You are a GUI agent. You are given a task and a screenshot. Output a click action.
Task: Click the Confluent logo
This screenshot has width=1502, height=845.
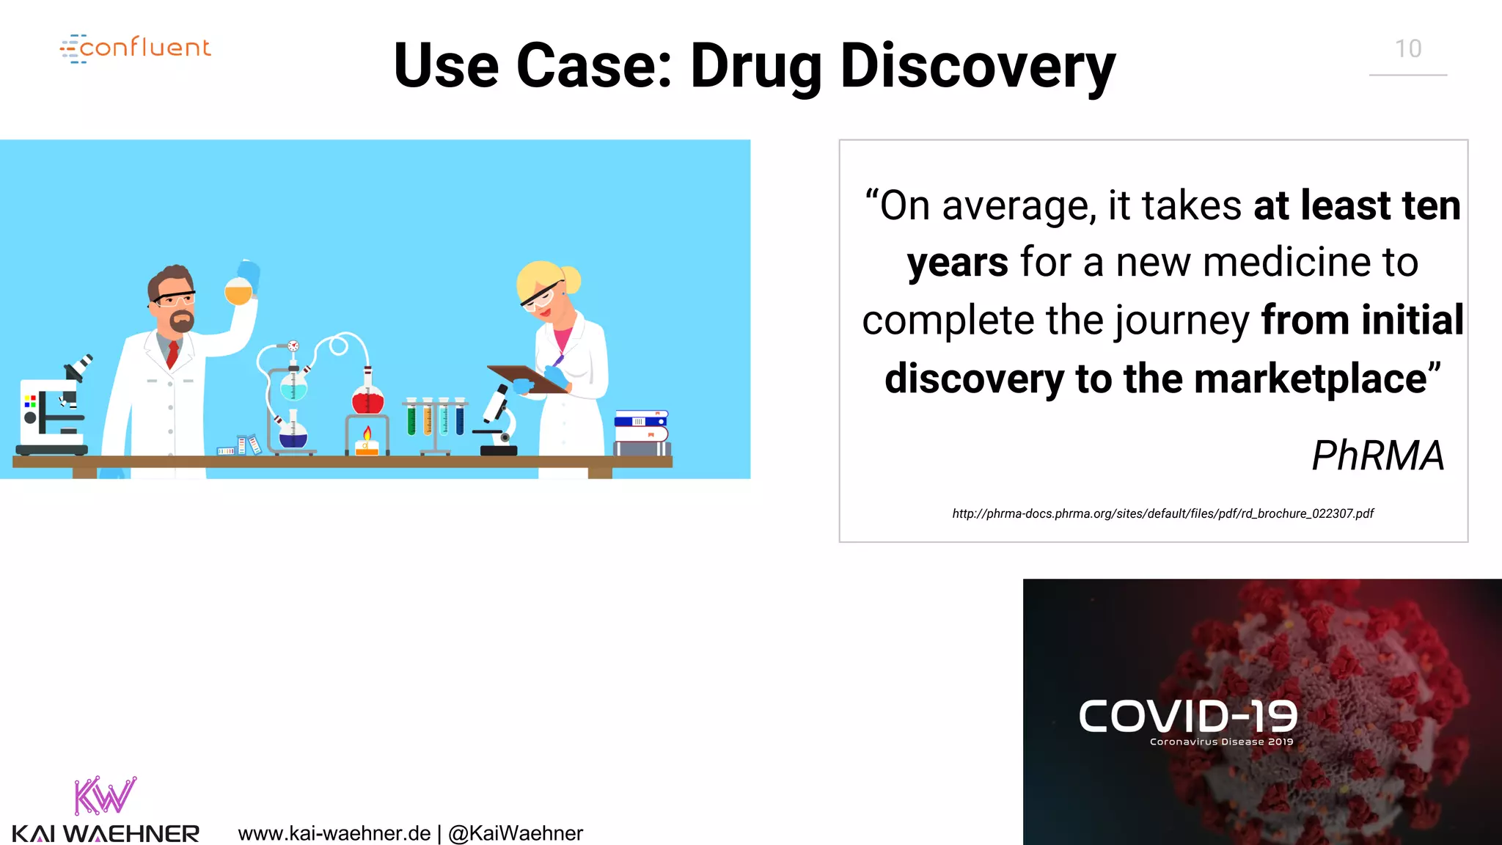pyautogui.click(x=136, y=48)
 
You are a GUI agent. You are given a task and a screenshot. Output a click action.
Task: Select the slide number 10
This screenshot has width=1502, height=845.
pyautogui.click(x=1407, y=49)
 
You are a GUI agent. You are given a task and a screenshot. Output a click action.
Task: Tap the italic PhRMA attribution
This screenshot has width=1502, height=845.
pyautogui.click(x=1377, y=456)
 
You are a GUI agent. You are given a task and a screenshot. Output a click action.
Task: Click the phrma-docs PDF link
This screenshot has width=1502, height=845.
pyautogui.click(x=1162, y=513)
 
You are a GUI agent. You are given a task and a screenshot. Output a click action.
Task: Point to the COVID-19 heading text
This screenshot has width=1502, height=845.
pyautogui.click(x=1187, y=716)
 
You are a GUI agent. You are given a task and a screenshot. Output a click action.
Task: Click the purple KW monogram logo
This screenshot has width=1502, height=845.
pyautogui.click(x=105, y=796)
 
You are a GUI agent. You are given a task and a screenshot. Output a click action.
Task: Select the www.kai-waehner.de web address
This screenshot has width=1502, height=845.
pyautogui.click(x=334, y=833)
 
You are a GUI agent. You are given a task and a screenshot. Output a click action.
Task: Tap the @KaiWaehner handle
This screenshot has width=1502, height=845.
pyautogui.click(x=516, y=833)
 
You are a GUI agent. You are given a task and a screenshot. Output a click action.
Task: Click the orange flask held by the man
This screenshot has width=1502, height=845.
pyautogui.click(x=238, y=291)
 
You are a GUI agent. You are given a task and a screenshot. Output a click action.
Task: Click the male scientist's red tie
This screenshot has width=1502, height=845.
pyautogui.click(x=172, y=353)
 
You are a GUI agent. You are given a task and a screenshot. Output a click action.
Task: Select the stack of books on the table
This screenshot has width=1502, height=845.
pyautogui.click(x=642, y=433)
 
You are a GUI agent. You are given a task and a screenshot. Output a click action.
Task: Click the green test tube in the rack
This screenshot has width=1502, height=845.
pyautogui.click(x=411, y=420)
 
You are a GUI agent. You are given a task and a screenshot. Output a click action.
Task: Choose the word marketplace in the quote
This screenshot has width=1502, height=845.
pyautogui.click(x=1310, y=378)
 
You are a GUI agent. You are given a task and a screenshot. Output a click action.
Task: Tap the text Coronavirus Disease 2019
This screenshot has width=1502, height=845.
pyautogui.click(x=1221, y=742)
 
